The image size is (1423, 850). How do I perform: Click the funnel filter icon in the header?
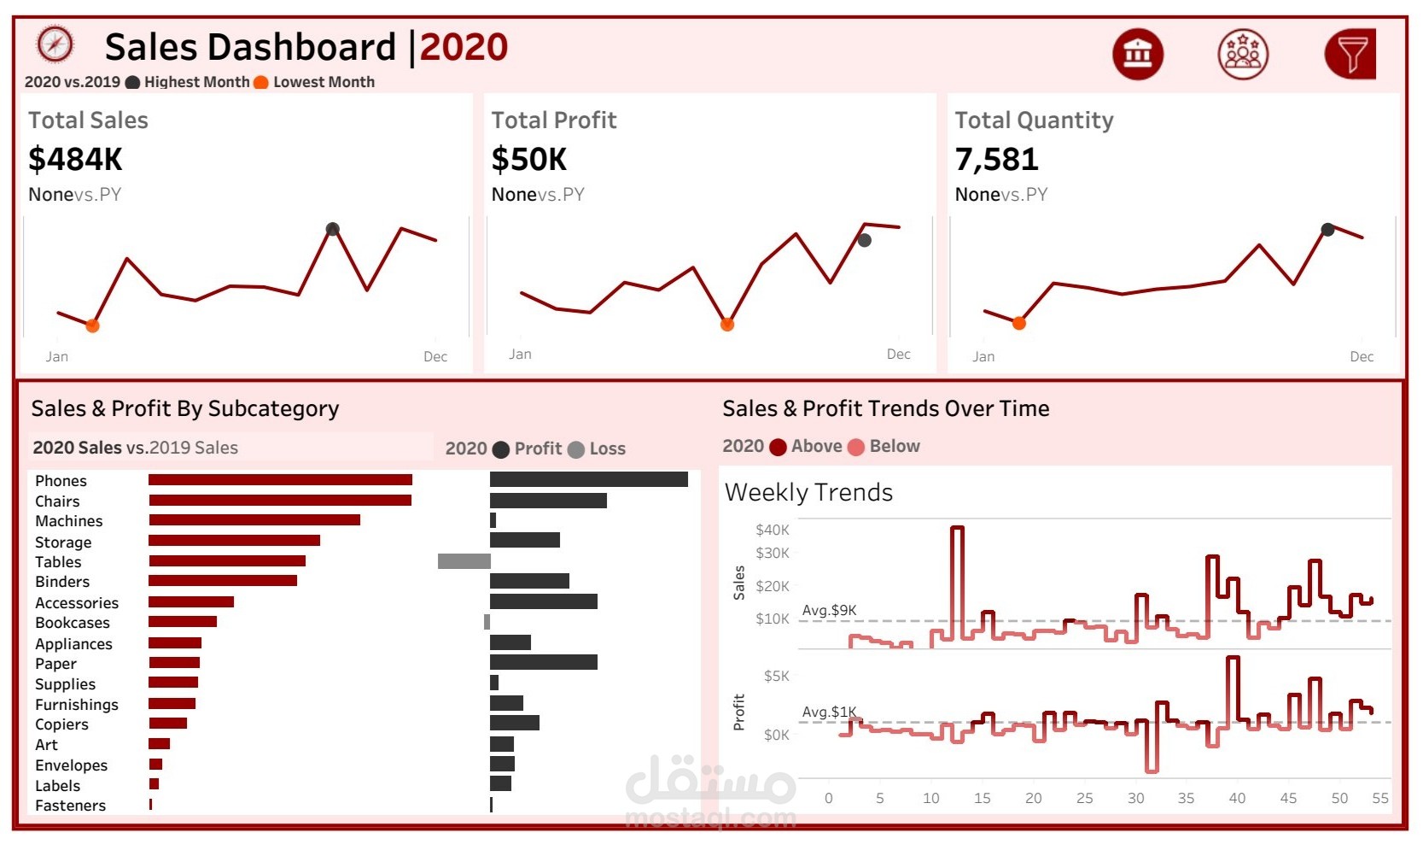click(1350, 54)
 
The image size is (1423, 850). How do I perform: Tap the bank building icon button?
click(1138, 54)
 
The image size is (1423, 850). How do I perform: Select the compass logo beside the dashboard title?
click(55, 44)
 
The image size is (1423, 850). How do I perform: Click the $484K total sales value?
click(75, 160)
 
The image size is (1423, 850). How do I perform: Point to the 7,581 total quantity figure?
click(996, 160)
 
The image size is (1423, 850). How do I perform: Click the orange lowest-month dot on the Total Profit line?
click(727, 325)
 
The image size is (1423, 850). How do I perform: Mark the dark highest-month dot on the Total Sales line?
click(333, 229)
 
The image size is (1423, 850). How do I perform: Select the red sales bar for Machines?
click(254, 520)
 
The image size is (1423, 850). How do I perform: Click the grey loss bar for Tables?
click(464, 561)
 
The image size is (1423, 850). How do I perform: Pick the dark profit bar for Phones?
click(589, 480)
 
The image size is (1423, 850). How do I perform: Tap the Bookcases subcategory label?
click(73, 623)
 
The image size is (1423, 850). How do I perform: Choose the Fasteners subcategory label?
click(71, 806)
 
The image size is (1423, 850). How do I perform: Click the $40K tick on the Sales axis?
click(773, 530)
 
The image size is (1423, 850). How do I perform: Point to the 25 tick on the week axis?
click(1084, 798)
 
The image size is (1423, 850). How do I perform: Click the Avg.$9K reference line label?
click(829, 610)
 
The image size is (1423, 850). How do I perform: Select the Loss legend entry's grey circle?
click(576, 449)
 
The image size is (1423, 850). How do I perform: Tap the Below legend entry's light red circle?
click(856, 447)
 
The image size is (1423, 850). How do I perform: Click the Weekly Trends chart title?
click(808, 492)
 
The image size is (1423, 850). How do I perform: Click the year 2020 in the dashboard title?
click(464, 47)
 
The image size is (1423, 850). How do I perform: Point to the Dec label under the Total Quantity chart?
click(1362, 357)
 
